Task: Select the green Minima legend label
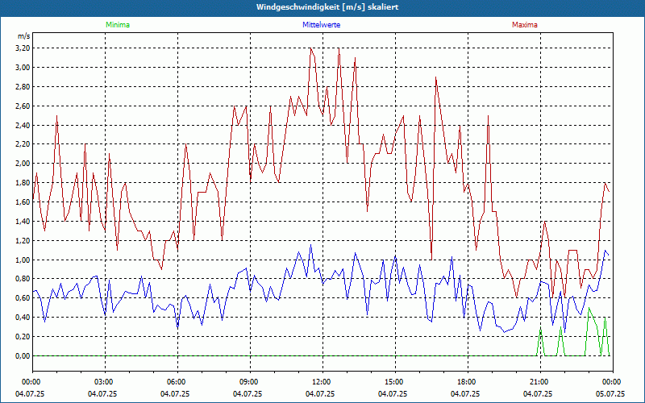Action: pyautogui.click(x=117, y=25)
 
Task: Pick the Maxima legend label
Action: pyautogui.click(x=525, y=25)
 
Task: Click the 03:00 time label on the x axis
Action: pyautogui.click(x=104, y=381)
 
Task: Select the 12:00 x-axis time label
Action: pyautogui.click(x=321, y=381)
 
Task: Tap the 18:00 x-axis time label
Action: pyautogui.click(x=466, y=381)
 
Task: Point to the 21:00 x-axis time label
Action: pyautogui.click(x=539, y=381)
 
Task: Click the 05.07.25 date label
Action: pyautogui.click(x=610, y=394)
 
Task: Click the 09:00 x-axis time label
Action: pyautogui.click(x=248, y=381)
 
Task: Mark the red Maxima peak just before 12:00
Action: pyautogui.click(x=310, y=48)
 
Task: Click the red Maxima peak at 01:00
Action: pyautogui.click(x=56, y=116)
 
